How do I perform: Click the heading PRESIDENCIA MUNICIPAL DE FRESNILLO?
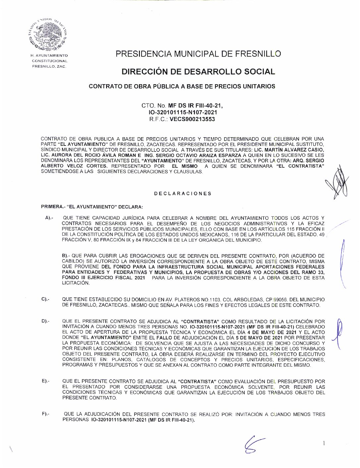point(198,54)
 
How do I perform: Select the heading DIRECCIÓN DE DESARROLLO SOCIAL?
point(198,72)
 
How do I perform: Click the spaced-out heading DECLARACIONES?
point(183,194)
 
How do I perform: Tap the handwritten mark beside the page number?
point(253,444)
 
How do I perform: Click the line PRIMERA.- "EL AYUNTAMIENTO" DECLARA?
point(92,207)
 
